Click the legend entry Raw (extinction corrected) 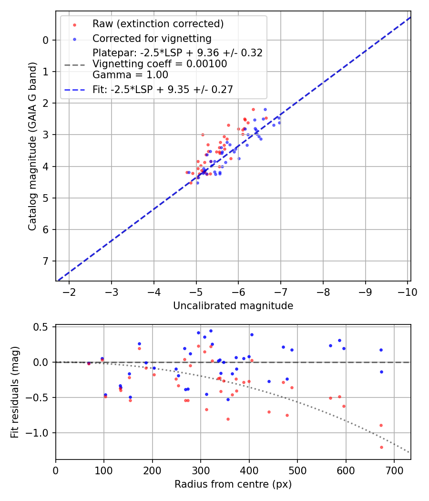pyautogui.click(x=158, y=24)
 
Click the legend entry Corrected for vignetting pyautogui.click(x=152, y=38)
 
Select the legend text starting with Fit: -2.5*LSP pyautogui.click(x=163, y=89)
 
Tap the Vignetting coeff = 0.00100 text pyautogui.click(x=160, y=64)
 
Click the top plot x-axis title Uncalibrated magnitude pyautogui.click(x=233, y=305)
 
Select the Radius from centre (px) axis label pyautogui.click(x=233, y=484)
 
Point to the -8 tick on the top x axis pyautogui.click(x=323, y=292)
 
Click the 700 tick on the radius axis pyautogui.click(x=394, y=470)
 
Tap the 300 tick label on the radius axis pyautogui.click(x=201, y=470)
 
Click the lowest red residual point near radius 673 pyautogui.click(x=381, y=447)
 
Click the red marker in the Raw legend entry pyautogui.click(x=74, y=24)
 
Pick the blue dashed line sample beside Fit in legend pyautogui.click(x=74, y=89)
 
